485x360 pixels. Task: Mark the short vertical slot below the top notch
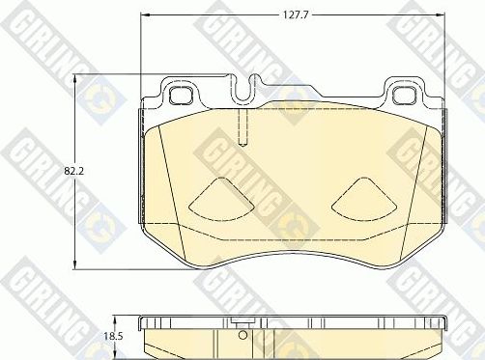coord(243,126)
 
